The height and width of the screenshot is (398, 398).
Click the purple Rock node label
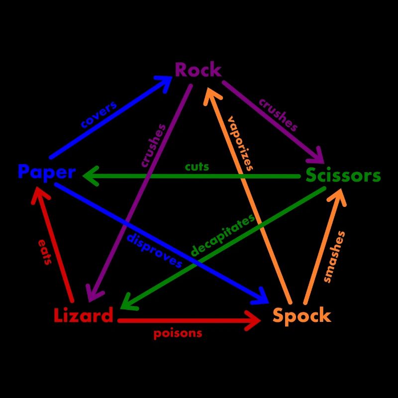pyautogui.click(x=198, y=70)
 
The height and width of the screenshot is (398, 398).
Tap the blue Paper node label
pyautogui.click(x=46, y=172)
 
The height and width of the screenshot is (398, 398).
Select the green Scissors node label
pyautogui.click(x=343, y=176)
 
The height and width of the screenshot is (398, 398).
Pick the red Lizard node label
pyautogui.click(x=84, y=315)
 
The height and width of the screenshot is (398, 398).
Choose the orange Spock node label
pyautogui.click(x=301, y=315)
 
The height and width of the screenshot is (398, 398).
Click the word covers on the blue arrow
pyautogui.click(x=99, y=115)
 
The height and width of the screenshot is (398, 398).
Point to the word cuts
pyautogui.click(x=197, y=167)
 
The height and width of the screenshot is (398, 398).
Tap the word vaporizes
pyautogui.click(x=240, y=143)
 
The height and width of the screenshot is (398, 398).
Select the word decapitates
pyautogui.click(x=222, y=235)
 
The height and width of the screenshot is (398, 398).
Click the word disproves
pyautogui.click(x=154, y=250)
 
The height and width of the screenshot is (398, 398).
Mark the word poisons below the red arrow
pyautogui.click(x=178, y=333)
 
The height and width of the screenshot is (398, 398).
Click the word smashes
pyautogui.click(x=334, y=257)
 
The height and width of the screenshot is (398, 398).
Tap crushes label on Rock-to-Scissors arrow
pyautogui.click(x=278, y=115)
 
